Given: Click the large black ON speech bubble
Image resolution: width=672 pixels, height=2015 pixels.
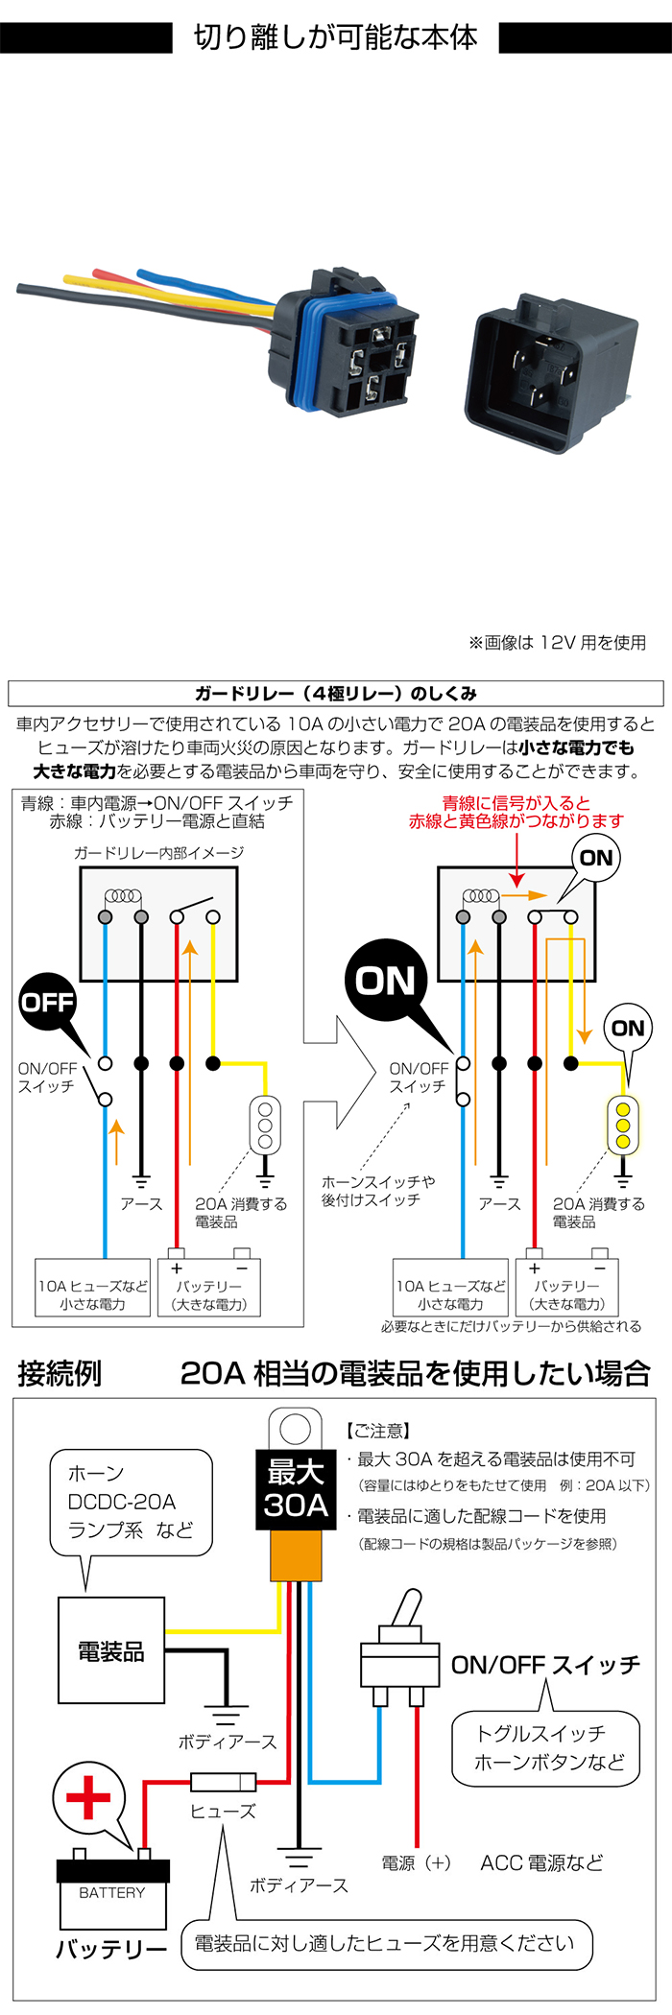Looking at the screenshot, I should (x=386, y=981).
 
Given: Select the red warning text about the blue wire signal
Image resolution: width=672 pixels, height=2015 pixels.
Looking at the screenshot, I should (x=516, y=812).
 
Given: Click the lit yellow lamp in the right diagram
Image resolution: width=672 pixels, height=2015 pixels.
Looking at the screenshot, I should (x=623, y=1124).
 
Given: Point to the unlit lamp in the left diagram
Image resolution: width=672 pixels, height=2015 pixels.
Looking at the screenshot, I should (x=265, y=1124).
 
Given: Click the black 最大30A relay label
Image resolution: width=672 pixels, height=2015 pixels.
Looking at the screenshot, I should (x=296, y=1487).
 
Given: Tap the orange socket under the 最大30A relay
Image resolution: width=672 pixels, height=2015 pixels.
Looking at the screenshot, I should (x=296, y=1554).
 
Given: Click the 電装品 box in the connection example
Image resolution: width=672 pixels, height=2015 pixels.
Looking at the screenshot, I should (x=111, y=1650).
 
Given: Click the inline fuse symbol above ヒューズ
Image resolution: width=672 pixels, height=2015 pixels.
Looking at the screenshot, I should (x=223, y=1782).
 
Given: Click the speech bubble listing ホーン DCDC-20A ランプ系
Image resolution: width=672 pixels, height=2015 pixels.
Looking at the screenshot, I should (x=131, y=1502).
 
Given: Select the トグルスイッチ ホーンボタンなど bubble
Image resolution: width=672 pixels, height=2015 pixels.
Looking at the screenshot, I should (x=545, y=1748).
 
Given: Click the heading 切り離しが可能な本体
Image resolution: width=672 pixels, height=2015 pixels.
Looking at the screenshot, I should (x=336, y=37).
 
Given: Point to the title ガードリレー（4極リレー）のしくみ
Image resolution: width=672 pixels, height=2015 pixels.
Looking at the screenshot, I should (x=336, y=693).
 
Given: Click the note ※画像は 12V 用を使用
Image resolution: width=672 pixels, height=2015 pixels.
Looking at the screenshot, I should (x=557, y=642).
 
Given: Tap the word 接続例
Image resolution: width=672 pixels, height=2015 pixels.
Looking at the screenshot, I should (x=60, y=1373).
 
